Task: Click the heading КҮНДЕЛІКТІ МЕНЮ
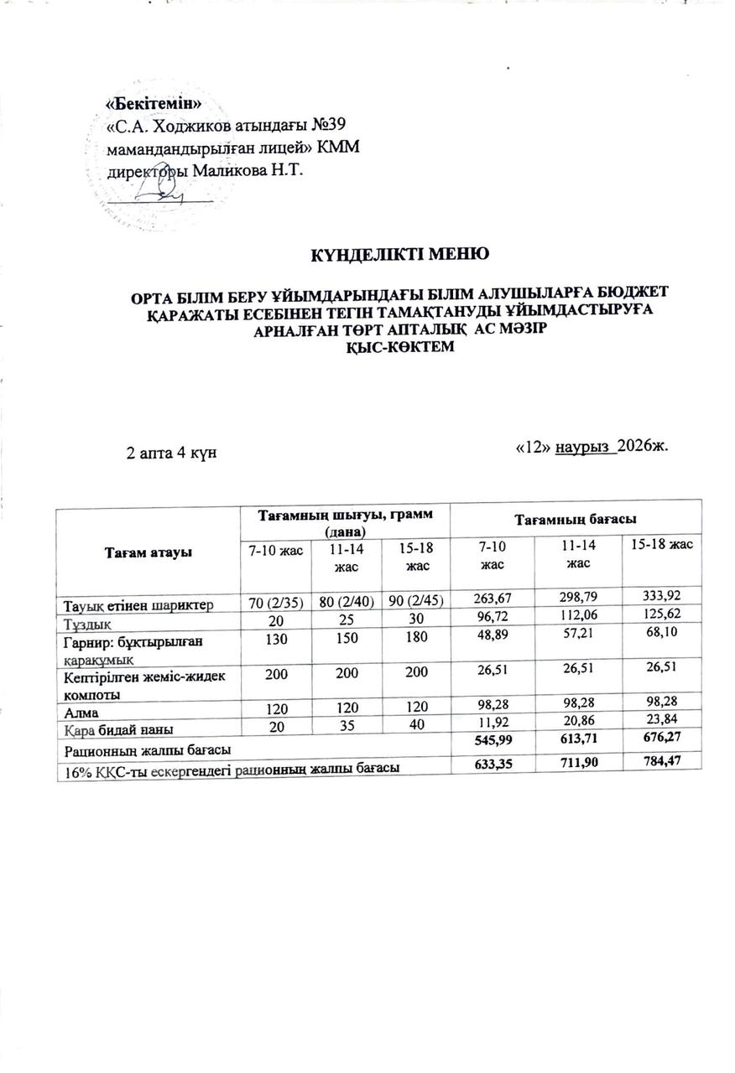[x=396, y=253]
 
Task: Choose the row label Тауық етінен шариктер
[x=135, y=604]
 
